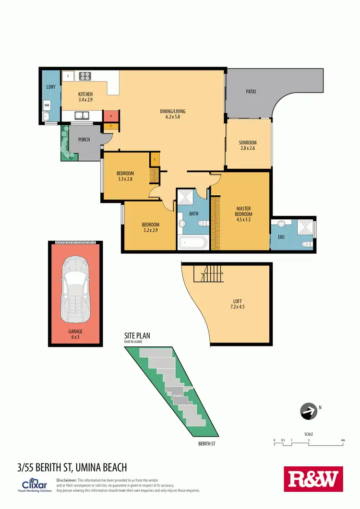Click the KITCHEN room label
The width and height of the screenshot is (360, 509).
pos(85,94)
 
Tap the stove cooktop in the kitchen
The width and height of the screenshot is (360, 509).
pos(85,75)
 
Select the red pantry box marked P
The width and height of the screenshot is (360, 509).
pos(111,116)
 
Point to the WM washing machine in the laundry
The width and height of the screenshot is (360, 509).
pos(47,104)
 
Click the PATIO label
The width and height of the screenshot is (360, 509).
pos(251,91)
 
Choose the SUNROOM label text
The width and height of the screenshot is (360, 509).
pos(248,142)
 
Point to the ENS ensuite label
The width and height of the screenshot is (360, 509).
pos(281,237)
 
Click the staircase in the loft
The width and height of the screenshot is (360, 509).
pos(207,274)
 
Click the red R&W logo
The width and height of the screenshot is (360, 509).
pos(313,479)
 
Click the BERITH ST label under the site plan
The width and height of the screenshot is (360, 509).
pos(207,444)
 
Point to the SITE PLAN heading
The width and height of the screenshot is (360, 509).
pos(137,336)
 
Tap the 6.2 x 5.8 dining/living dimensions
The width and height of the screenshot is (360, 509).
pos(173,117)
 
